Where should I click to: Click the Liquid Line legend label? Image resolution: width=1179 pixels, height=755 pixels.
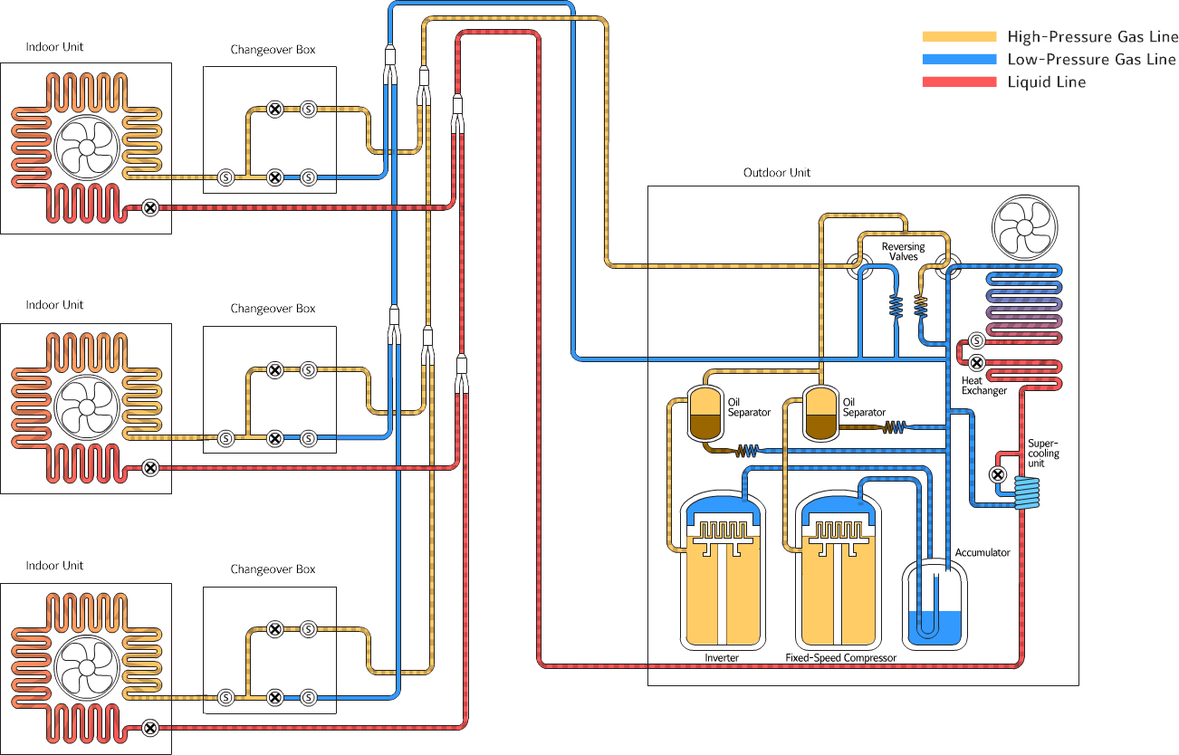tap(1046, 82)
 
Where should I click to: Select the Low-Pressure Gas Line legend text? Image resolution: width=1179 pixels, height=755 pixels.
tap(1091, 60)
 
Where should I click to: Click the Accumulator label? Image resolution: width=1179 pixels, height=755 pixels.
tap(982, 552)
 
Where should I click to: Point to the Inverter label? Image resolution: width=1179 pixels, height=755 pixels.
tap(722, 657)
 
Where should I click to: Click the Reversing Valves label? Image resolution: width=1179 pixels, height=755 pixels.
tap(903, 252)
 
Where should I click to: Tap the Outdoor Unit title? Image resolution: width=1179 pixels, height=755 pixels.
tap(777, 173)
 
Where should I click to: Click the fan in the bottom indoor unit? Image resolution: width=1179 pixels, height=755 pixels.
tap(86, 669)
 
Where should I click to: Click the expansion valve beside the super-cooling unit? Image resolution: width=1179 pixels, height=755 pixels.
tap(997, 474)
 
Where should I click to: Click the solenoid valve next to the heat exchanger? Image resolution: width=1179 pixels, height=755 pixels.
tap(976, 341)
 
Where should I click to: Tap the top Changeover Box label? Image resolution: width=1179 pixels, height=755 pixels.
tap(273, 50)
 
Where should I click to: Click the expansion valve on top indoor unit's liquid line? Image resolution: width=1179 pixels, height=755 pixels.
tap(151, 207)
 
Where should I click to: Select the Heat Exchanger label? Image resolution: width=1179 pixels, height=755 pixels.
tap(984, 386)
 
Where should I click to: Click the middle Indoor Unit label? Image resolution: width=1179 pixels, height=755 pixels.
tap(54, 305)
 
